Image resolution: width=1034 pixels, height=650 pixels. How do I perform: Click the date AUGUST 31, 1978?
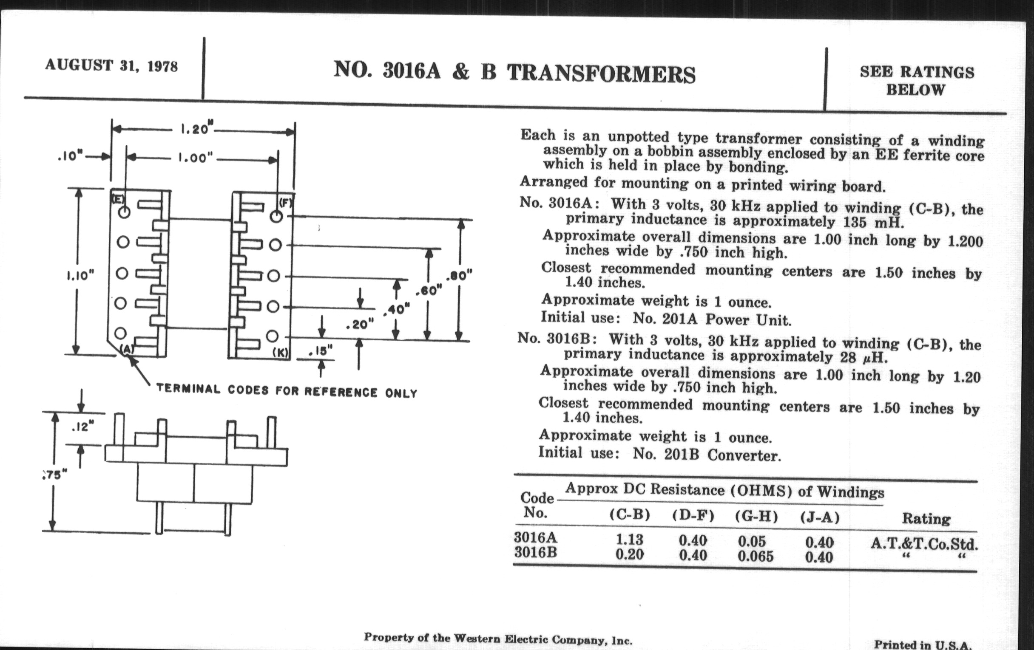click(x=111, y=66)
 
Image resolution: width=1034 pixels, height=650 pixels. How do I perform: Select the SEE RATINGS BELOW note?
click(x=916, y=81)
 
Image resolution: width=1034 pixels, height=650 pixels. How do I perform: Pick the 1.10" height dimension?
click(x=80, y=275)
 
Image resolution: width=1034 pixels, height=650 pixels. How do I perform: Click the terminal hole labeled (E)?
click(x=124, y=212)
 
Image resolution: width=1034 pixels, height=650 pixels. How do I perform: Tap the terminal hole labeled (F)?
click(x=276, y=216)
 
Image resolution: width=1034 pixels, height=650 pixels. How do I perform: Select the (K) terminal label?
click(x=281, y=352)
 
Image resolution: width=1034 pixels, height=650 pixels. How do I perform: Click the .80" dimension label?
click(x=459, y=275)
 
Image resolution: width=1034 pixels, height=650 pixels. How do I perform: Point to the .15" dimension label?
click(x=321, y=351)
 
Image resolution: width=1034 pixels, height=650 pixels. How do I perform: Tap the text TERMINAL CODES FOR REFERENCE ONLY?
click(x=287, y=391)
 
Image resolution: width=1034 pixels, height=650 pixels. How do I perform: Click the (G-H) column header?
click(x=756, y=517)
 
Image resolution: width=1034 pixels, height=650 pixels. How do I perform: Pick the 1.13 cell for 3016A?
click(x=630, y=539)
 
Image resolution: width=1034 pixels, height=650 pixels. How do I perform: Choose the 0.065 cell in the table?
click(x=756, y=557)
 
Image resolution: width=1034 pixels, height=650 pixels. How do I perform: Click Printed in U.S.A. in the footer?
click(x=923, y=644)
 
